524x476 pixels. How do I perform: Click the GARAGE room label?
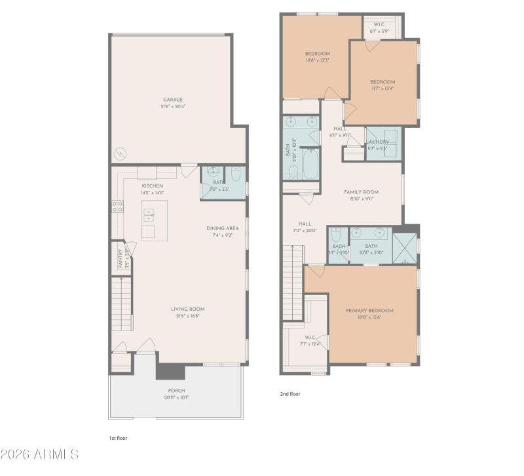pyautogui.click(x=173, y=100)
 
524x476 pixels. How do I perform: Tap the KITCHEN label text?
pyautogui.click(x=152, y=186)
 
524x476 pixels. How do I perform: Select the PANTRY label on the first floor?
pyautogui.click(x=121, y=258)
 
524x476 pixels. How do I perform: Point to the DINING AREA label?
pyautogui.click(x=223, y=228)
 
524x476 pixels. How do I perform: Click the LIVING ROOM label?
pyautogui.click(x=188, y=309)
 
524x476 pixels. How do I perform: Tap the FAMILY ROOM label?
pyautogui.click(x=362, y=192)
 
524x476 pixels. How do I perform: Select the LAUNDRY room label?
pyautogui.click(x=379, y=142)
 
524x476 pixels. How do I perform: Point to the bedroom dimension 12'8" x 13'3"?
pyautogui.click(x=317, y=60)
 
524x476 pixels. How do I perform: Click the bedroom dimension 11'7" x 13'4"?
pyautogui.click(x=382, y=88)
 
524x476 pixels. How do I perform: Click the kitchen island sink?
pyautogui.click(x=149, y=214)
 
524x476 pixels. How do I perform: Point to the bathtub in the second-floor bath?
pyautogui.click(x=310, y=164)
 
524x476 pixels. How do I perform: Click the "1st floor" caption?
pyautogui.click(x=118, y=437)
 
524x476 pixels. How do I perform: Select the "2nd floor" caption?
pyautogui.click(x=290, y=394)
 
